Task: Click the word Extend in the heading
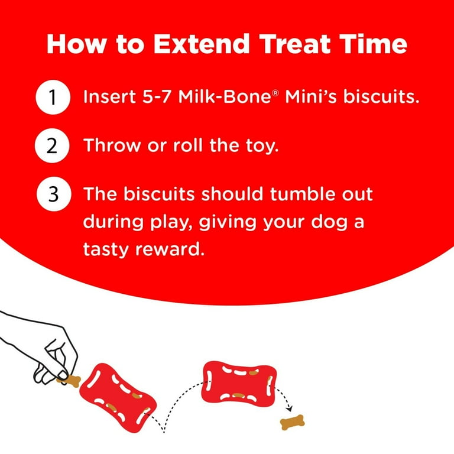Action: coord(201,44)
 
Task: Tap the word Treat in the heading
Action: coord(294,44)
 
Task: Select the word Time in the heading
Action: coord(373,44)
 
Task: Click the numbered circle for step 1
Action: coord(53,97)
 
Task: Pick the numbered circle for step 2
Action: coord(52,145)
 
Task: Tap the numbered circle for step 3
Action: coord(54,194)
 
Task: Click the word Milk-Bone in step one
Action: coord(225,96)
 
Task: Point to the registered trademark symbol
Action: coord(275,93)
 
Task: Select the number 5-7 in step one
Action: coord(156,96)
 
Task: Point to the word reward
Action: coord(168,249)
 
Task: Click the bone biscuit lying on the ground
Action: coord(292,422)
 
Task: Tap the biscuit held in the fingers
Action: coord(71,380)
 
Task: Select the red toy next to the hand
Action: coord(118,397)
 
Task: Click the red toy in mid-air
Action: coord(239,384)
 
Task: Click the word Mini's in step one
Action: coord(311,96)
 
